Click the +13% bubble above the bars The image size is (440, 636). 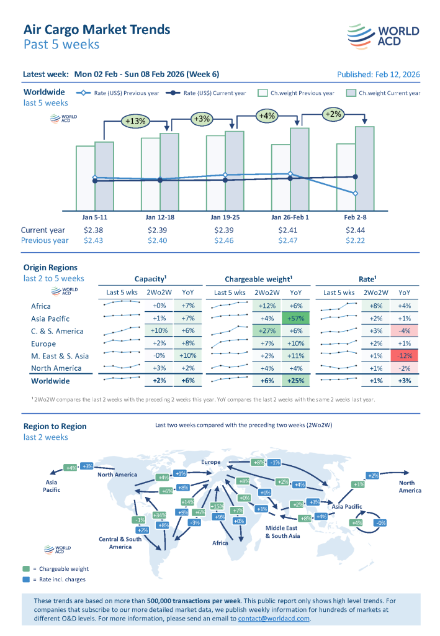click(135, 121)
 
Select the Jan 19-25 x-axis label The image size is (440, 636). click(225, 217)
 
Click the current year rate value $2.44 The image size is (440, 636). click(355, 230)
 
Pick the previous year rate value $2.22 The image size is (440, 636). click(355, 240)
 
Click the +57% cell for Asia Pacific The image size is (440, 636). click(296, 318)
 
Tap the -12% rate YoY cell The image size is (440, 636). click(404, 356)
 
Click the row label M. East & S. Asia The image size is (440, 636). click(60, 356)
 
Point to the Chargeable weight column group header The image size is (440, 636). click(259, 279)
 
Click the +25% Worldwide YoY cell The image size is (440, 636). click(296, 381)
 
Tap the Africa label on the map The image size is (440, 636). click(220, 543)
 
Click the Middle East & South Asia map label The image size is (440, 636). click(282, 532)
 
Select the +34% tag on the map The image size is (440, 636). click(159, 515)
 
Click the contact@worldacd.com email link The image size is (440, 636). click(274, 619)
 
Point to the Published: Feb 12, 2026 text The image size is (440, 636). click(378, 74)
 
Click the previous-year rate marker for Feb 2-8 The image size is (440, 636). click(356, 194)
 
